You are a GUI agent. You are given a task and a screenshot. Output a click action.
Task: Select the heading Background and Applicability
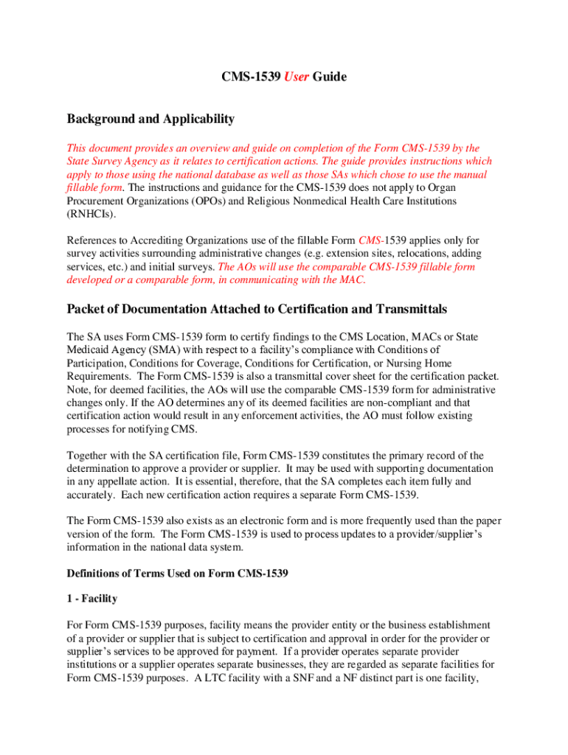click(150, 119)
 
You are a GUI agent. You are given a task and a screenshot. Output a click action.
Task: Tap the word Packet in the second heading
click(89, 309)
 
